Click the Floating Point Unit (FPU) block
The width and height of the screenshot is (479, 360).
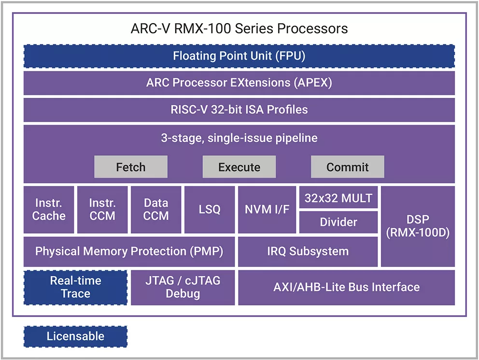tap(239, 56)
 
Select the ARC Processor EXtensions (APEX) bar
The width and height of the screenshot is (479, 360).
tap(239, 83)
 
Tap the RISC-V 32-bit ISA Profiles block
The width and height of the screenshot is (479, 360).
tap(239, 110)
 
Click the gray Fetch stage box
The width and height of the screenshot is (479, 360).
tap(130, 167)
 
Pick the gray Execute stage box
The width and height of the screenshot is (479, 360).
tap(239, 167)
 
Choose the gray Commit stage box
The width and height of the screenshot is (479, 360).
tap(347, 167)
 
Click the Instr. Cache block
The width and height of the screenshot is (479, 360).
tap(49, 209)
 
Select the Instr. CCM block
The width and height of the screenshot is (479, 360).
tap(102, 209)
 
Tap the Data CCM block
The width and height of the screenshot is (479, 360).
tap(156, 209)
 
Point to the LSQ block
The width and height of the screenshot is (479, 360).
tap(210, 209)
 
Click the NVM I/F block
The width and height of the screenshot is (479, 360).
tap(267, 209)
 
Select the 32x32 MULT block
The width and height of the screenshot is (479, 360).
tap(338, 198)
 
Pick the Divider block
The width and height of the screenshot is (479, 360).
tap(338, 222)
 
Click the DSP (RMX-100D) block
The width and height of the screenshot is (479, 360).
tap(418, 226)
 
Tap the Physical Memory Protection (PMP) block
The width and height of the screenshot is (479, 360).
tap(129, 251)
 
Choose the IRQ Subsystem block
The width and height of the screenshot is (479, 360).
tap(308, 251)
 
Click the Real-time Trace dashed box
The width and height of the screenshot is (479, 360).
tap(75, 287)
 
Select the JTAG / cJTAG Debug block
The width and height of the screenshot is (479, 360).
tap(183, 287)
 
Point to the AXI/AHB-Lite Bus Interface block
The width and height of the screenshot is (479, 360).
tap(346, 287)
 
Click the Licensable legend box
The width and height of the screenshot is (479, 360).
tap(75, 336)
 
